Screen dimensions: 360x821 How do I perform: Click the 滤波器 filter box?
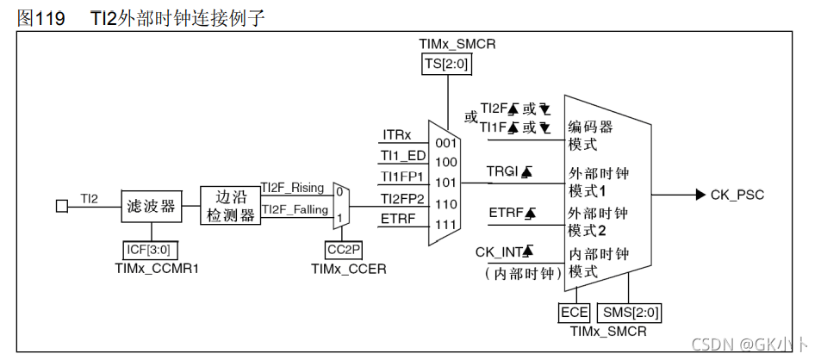click(151, 206)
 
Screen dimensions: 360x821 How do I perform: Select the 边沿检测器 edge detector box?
click(229, 206)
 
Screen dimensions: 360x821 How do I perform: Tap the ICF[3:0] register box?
click(151, 251)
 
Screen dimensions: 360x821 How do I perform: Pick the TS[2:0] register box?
click(445, 64)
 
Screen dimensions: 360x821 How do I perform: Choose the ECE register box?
click(574, 313)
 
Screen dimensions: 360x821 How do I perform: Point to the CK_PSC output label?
click(737, 195)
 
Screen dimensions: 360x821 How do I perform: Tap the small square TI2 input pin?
click(61, 206)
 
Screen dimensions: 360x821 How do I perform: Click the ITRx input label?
click(396, 135)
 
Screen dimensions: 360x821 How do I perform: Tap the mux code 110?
click(445, 203)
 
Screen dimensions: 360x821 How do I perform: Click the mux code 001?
click(445, 142)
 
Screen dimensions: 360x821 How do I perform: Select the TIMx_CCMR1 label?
click(151, 269)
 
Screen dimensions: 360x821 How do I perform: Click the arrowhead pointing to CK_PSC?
click(700, 195)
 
